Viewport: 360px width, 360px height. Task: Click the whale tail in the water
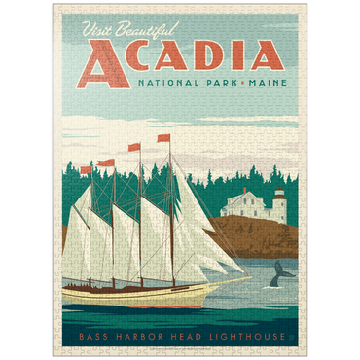(x=283, y=270)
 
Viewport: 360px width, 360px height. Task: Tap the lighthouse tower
(x=278, y=206)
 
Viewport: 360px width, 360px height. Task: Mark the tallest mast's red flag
(x=163, y=138)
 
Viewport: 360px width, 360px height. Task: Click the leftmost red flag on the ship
(x=87, y=170)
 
